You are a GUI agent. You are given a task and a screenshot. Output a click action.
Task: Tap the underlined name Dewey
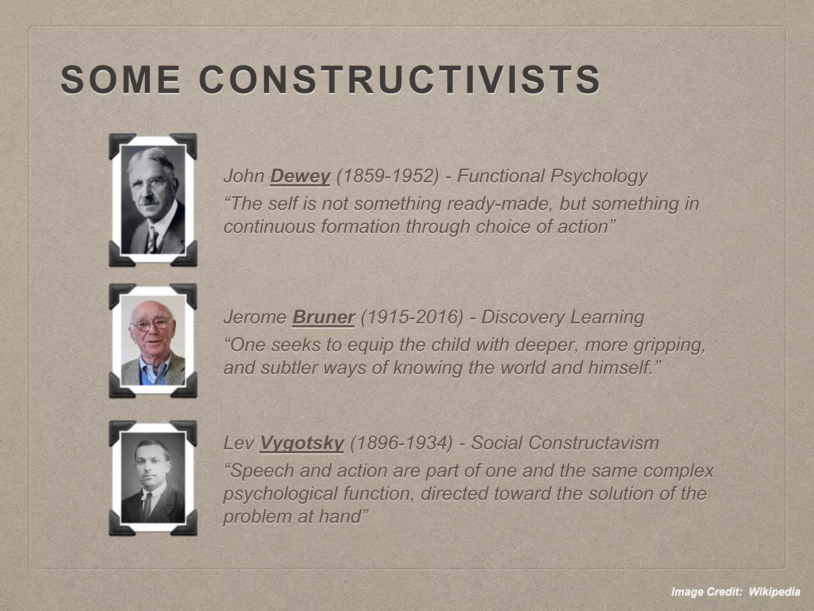[300, 176]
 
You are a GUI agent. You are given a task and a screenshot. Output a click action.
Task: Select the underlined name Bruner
[323, 317]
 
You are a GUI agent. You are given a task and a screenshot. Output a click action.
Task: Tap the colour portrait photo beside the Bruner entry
[153, 341]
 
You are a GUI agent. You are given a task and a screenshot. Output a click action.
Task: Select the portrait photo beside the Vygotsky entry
[153, 477]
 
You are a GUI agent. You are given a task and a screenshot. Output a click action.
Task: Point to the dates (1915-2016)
[411, 317]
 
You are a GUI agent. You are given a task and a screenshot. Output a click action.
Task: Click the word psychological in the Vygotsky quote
[280, 494]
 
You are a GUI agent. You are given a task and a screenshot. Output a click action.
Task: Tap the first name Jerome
[254, 317]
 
